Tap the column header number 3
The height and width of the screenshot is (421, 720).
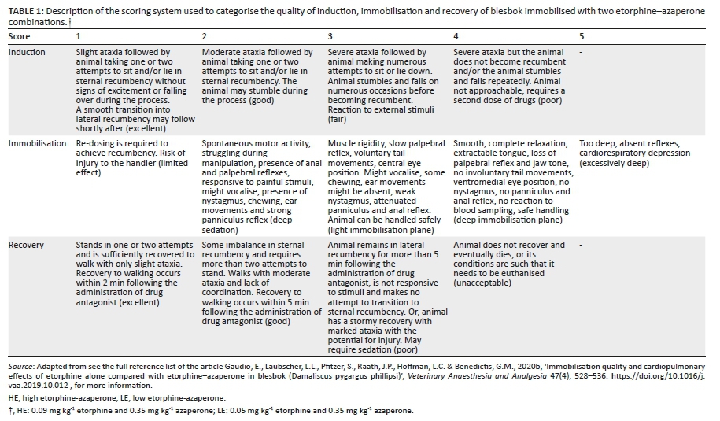(x=330, y=37)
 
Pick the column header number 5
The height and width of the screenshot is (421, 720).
(x=582, y=37)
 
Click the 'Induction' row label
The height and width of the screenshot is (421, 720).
(x=27, y=53)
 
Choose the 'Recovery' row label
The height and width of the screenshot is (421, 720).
(x=26, y=245)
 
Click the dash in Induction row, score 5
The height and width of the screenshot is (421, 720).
(x=581, y=53)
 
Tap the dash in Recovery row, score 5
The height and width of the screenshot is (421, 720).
(x=581, y=245)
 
